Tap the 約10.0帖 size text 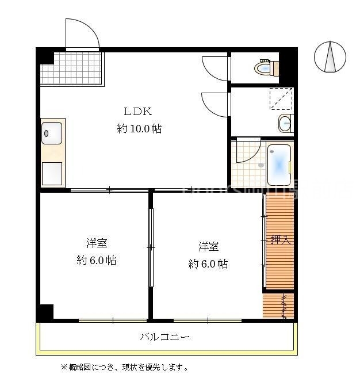pyautogui.click(x=139, y=129)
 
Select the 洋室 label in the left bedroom pyautogui.click(x=97, y=243)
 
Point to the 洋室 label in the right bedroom pyautogui.click(x=208, y=246)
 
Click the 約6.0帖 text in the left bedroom pyautogui.click(x=97, y=261)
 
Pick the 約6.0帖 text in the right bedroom pyautogui.click(x=208, y=264)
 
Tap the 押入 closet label pyautogui.click(x=281, y=239)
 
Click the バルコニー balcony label pyautogui.click(x=164, y=337)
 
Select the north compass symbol pyautogui.click(x=330, y=58)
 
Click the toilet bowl pyautogui.click(x=263, y=69)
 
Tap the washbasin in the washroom pyautogui.click(x=285, y=123)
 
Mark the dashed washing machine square pyautogui.click(x=281, y=98)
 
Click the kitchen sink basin pyautogui.click(x=52, y=134)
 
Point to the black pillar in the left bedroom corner pyautogui.click(x=45, y=312)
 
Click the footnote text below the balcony pyautogui.click(x=124, y=366)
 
